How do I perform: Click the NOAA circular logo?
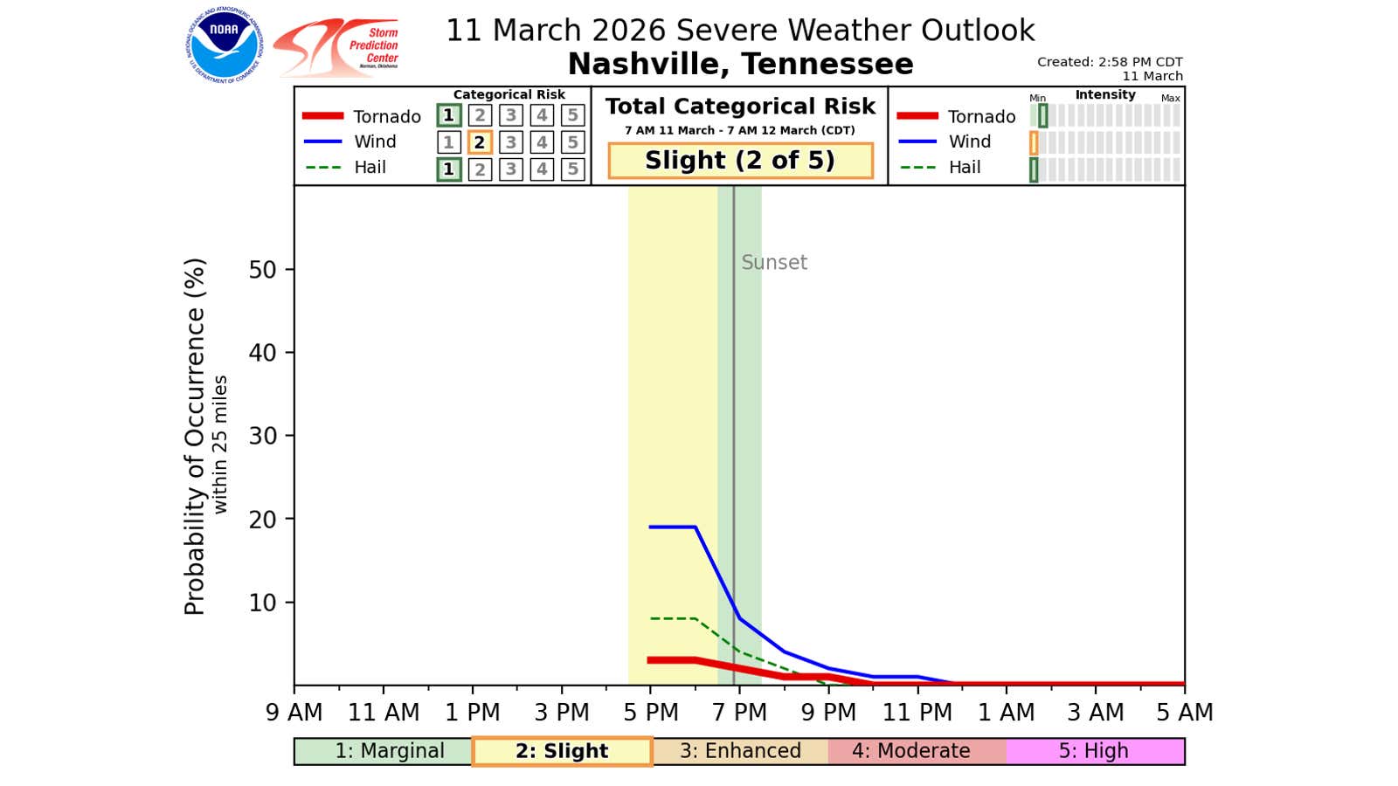click(224, 45)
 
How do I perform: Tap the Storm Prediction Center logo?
click(337, 48)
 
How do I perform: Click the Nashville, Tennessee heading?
click(740, 64)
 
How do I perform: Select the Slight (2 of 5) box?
click(740, 161)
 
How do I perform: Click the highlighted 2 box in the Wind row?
click(479, 142)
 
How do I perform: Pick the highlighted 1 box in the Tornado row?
click(448, 115)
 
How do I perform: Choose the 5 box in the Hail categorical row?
click(572, 169)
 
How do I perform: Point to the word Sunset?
click(773, 262)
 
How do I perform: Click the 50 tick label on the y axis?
click(262, 270)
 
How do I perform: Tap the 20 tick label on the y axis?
click(262, 520)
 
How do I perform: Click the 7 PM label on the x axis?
click(739, 713)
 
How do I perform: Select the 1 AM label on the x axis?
click(1006, 713)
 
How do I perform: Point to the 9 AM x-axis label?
click(294, 713)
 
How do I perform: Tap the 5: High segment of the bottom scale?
click(1094, 751)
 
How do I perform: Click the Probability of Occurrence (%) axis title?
click(195, 437)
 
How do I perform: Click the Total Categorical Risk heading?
click(740, 107)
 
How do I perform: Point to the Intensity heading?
click(1105, 94)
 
